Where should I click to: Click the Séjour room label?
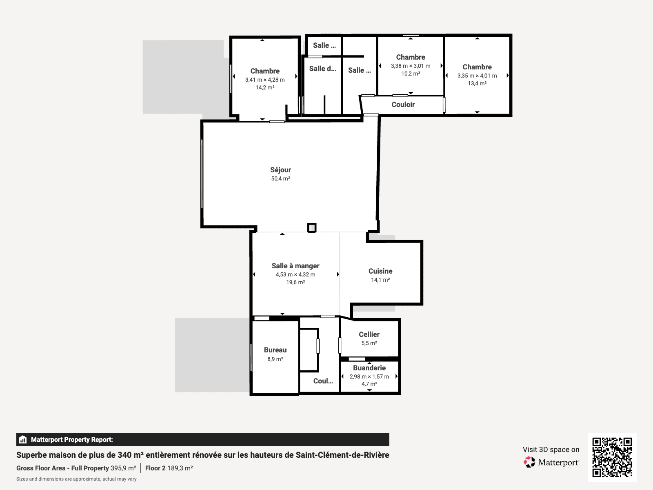280,170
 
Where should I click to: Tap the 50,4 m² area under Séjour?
280,178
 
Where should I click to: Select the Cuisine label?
380,271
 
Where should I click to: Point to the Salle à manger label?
295,266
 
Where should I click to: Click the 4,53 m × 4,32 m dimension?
295,274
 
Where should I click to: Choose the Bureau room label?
275,350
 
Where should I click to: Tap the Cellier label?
369,334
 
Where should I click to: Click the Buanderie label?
369,368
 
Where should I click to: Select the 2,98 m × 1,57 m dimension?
369,376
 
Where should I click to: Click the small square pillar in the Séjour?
311,228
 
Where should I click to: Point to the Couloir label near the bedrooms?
403,105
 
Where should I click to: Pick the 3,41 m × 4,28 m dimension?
265,80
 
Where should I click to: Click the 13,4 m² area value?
477,83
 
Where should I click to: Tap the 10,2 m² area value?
411,73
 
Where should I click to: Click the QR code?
612,457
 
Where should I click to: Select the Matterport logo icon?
529,462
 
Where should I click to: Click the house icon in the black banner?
23,439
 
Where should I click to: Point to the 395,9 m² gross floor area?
123,468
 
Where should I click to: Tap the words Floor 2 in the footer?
155,468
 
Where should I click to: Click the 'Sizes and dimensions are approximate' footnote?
76,479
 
